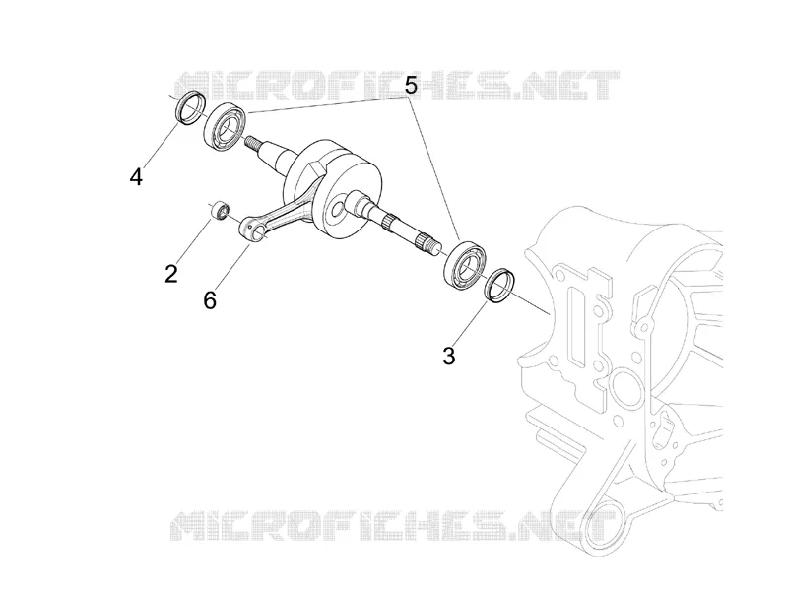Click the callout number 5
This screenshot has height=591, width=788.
pyautogui.click(x=411, y=86)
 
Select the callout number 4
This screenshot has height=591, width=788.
pyautogui.click(x=136, y=177)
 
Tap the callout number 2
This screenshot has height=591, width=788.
pyautogui.click(x=171, y=275)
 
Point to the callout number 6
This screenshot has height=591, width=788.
pyautogui.click(x=210, y=300)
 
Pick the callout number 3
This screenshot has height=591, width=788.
pyautogui.click(x=449, y=357)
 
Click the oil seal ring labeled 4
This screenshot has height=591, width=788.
pyautogui.click(x=191, y=106)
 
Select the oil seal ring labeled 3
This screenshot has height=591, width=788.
pyautogui.click(x=499, y=287)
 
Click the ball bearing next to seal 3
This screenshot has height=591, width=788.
pyautogui.click(x=464, y=266)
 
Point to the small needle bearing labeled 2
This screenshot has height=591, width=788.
pyautogui.click(x=221, y=211)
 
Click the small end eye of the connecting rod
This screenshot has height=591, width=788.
pyautogui.click(x=254, y=230)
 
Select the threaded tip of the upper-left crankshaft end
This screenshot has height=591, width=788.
pyautogui.click(x=253, y=142)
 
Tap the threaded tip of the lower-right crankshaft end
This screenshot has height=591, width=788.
pyautogui.click(x=428, y=245)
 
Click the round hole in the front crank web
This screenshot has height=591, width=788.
pyautogui.click(x=336, y=210)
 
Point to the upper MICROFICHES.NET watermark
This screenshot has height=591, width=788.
pyautogui.click(x=397, y=86)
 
